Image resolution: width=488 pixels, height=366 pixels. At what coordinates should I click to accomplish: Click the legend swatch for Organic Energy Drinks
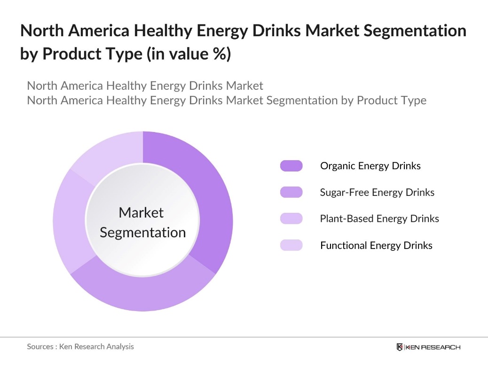coord(291,166)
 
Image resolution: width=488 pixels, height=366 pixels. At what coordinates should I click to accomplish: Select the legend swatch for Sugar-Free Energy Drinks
coord(291,192)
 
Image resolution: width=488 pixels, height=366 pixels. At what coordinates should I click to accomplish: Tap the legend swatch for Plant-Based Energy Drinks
coord(291,218)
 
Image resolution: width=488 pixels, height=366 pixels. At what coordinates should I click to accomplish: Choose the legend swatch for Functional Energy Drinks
coord(291,245)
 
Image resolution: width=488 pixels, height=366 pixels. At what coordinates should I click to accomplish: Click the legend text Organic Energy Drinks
coord(370,166)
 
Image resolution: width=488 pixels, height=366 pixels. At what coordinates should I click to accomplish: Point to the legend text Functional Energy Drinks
coord(376,245)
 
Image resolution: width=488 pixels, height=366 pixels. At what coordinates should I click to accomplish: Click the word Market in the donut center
coord(141,212)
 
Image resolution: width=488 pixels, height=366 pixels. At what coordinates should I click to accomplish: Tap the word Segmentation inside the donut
coord(143,233)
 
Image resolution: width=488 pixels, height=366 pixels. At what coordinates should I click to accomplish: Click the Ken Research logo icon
coord(400,347)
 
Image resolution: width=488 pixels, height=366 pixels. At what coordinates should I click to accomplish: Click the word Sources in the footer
coord(40,346)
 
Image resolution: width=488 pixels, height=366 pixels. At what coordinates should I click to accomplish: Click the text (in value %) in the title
coord(188,54)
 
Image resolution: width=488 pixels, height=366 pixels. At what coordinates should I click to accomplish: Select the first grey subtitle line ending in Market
coord(145,86)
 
